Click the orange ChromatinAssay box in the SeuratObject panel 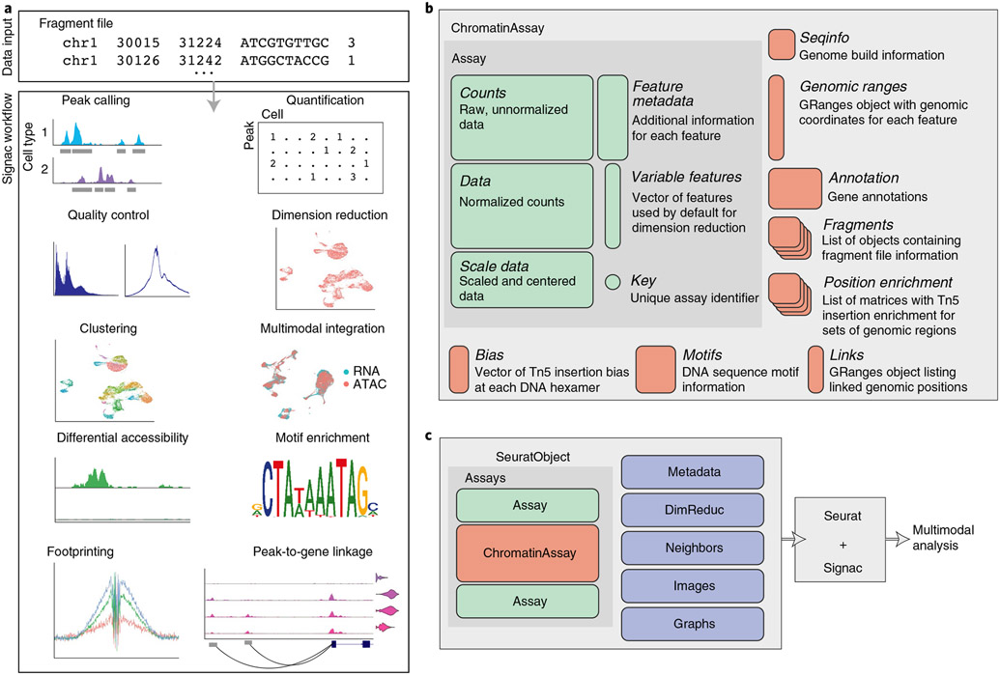pos(528,552)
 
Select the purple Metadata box pos(693,471)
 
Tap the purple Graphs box pos(693,624)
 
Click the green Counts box pos(522,117)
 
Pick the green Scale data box pos(522,280)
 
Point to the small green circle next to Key pos(613,282)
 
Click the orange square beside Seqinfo pos(782,44)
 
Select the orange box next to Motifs pos(655,369)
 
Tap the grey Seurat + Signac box pos(840,539)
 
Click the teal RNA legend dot pos(346,371)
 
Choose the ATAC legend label pos(370,384)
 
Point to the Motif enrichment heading pos(322,437)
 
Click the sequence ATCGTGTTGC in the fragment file pos(284,42)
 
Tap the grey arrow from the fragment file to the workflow pos(214,96)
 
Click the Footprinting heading pos(80,551)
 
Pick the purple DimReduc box pos(693,510)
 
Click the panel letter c pos(429,436)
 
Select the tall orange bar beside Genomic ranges pos(776,117)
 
